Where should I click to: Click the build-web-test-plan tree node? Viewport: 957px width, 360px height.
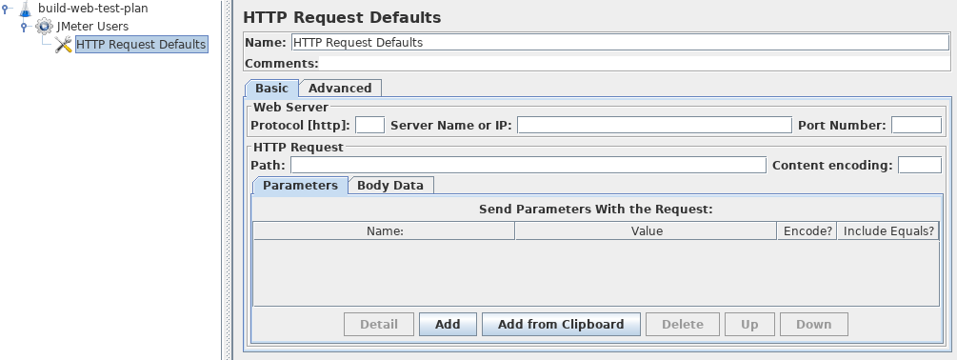click(92, 9)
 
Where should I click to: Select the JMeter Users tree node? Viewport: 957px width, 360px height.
click(92, 27)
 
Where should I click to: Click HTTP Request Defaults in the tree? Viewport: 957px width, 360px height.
click(141, 45)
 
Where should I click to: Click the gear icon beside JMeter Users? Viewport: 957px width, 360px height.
click(45, 27)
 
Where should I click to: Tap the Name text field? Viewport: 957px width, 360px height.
click(619, 43)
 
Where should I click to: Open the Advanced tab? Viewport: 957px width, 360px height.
click(340, 89)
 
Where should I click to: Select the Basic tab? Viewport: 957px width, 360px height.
click(271, 89)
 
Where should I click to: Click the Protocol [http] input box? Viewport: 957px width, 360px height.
click(369, 125)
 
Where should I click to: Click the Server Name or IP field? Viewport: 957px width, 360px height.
click(654, 125)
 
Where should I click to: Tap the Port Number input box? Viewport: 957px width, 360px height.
click(916, 125)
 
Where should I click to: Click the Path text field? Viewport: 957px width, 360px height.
click(528, 166)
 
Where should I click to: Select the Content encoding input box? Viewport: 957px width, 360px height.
click(920, 166)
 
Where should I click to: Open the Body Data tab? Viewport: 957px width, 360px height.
click(390, 186)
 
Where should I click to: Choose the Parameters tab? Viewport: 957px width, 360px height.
click(300, 186)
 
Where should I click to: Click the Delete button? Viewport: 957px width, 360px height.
click(683, 325)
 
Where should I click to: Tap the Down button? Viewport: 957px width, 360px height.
click(813, 325)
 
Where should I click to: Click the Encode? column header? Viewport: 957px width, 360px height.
click(807, 230)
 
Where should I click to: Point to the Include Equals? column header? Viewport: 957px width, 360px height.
click(888, 230)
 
